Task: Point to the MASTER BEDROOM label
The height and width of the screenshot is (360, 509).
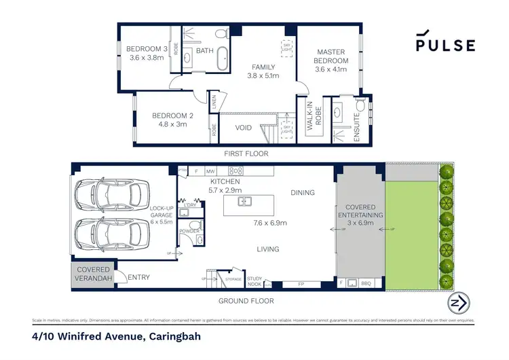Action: pyautogui.click(x=332, y=56)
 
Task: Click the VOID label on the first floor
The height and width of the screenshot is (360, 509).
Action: pyautogui.click(x=244, y=127)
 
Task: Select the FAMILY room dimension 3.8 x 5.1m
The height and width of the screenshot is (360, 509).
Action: pyautogui.click(x=259, y=76)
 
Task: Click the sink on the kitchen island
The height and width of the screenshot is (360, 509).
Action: pyautogui.click(x=246, y=201)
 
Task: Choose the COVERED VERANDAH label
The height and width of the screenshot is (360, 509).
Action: pyautogui.click(x=93, y=274)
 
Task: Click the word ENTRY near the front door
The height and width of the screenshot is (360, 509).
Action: pyautogui.click(x=138, y=277)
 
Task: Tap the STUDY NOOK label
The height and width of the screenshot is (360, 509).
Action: pyautogui.click(x=254, y=281)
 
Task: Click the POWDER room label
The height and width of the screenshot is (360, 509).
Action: pyautogui.click(x=189, y=232)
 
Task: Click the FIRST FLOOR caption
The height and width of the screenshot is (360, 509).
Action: pyautogui.click(x=247, y=154)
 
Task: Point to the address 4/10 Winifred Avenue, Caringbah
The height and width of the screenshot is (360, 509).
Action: pyautogui.click(x=116, y=336)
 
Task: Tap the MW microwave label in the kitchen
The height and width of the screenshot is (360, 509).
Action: pyautogui.click(x=211, y=172)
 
